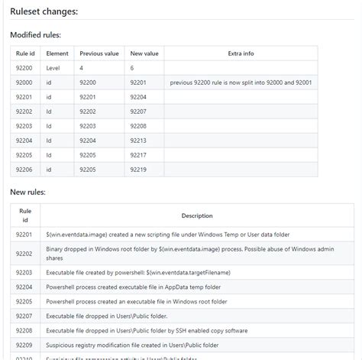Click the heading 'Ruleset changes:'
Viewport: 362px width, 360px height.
coord(44,11)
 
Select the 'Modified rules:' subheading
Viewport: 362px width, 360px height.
coord(36,35)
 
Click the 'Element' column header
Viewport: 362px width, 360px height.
coord(57,54)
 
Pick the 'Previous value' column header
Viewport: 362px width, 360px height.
coord(99,54)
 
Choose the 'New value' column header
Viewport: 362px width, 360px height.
coord(144,54)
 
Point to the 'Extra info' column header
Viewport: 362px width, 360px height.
coord(241,54)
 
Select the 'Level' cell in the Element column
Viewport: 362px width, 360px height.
coord(54,68)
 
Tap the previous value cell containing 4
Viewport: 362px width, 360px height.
coord(82,68)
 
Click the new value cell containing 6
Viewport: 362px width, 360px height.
coord(133,68)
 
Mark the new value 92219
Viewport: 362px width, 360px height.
coord(139,169)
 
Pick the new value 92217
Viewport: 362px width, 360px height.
coord(139,154)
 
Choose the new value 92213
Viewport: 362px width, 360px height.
coord(139,140)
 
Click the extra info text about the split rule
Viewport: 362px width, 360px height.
coord(241,83)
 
